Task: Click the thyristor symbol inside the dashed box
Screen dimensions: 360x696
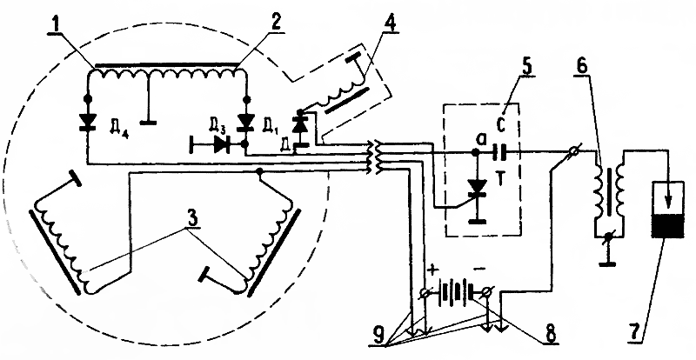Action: (x=475, y=186)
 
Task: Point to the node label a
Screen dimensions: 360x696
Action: (x=471, y=139)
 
